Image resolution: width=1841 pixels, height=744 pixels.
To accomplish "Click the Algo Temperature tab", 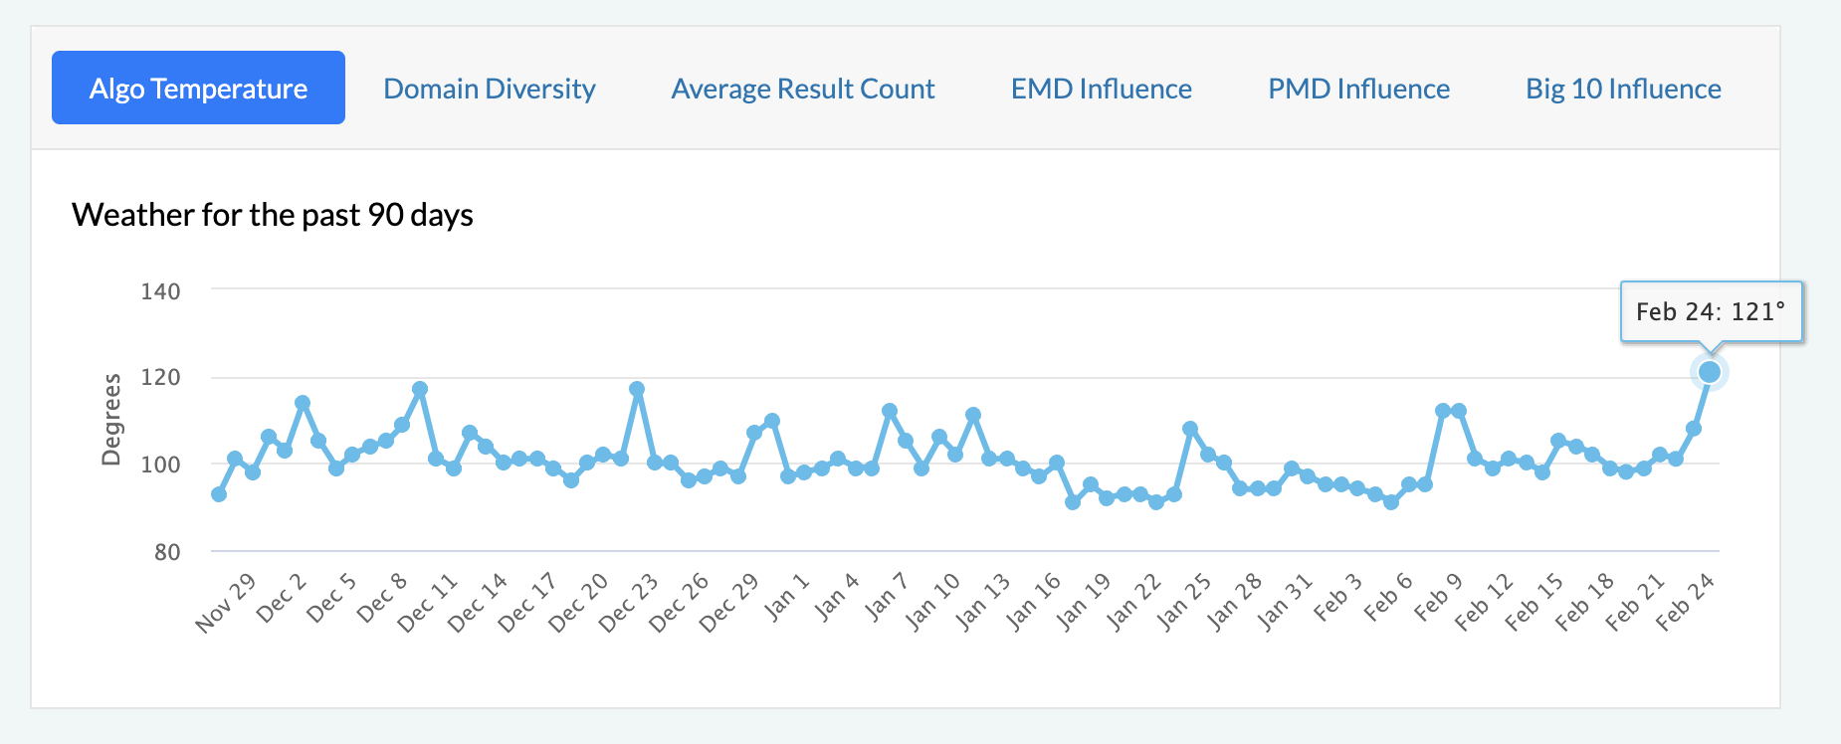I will pos(198,89).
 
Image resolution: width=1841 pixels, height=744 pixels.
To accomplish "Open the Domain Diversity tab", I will pos(489,89).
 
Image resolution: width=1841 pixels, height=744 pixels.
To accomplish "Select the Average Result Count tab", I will pos(803,89).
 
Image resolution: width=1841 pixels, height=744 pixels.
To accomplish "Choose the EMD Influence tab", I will pos(1101,89).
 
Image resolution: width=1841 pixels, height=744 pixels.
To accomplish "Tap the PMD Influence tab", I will pos(1358,89).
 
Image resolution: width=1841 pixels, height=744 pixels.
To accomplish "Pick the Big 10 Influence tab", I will pos(1623,89).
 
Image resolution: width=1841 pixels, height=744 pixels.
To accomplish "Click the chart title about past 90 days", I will pos(273,215).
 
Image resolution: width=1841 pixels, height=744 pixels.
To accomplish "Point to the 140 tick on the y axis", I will pos(160,291).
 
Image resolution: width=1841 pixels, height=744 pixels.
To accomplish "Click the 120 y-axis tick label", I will pos(160,378).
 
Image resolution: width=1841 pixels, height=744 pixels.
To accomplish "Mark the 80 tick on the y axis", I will pos(167,552).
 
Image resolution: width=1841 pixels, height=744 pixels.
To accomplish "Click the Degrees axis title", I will pos(111,419).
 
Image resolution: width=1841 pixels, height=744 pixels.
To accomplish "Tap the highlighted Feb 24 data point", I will pos(1710,372).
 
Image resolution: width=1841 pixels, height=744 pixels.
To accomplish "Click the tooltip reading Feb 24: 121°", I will pos(1711,312).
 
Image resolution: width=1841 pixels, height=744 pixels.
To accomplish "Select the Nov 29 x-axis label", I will pos(226,603).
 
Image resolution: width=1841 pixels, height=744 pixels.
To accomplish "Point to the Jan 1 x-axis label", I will pos(787,598).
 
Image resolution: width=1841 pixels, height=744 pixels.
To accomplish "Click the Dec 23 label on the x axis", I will pos(629,603).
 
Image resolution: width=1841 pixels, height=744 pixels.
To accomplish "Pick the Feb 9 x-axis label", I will pos(1438,598).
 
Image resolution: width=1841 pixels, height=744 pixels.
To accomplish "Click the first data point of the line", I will pos(219,494).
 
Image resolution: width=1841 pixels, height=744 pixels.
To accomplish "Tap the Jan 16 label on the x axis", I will pos(1033,603).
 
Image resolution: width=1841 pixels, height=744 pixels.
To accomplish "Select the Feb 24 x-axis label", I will pos(1685,603).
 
